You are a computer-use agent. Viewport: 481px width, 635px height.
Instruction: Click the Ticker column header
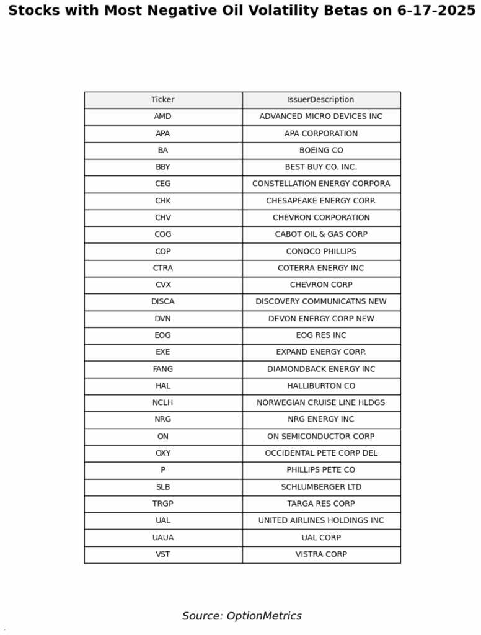pos(163,100)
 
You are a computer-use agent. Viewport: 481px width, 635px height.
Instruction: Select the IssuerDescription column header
pos(321,100)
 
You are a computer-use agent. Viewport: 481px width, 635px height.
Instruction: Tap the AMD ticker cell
pos(163,117)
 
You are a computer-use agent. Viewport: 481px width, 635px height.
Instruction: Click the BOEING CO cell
pos(321,150)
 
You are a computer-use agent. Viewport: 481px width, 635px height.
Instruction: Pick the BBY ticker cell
pos(163,167)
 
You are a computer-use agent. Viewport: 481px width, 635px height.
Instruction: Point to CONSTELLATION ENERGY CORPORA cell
pos(321,184)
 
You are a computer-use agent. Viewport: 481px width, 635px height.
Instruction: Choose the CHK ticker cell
pos(163,201)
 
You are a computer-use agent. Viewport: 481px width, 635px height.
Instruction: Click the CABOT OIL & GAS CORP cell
pos(321,234)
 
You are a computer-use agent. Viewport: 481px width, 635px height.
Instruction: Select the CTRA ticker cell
pos(163,268)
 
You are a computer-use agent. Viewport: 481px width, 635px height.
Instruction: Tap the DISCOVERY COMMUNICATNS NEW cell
pos(321,301)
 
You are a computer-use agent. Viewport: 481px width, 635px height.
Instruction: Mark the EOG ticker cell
pos(163,335)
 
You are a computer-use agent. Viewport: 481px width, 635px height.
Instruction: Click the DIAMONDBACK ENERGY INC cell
pos(321,369)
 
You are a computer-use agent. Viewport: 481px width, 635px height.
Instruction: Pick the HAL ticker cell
pos(163,386)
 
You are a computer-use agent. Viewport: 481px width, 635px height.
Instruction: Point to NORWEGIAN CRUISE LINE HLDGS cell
pos(321,402)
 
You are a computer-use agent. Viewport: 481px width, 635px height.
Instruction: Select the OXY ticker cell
pos(163,453)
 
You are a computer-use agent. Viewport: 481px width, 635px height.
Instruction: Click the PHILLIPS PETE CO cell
pos(321,470)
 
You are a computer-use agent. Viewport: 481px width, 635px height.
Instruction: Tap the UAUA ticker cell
pos(163,538)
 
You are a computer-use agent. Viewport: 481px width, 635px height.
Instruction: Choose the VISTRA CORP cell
pos(321,554)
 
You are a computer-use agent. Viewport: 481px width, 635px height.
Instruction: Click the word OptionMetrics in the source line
pos(264,616)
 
